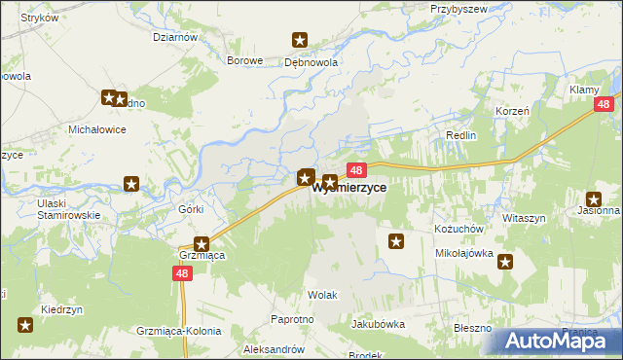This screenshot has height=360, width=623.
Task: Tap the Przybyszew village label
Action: (x=458, y=8)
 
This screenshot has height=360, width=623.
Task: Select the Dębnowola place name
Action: (x=311, y=60)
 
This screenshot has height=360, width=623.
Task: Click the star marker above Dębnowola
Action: (x=300, y=40)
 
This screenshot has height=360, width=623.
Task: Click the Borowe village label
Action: (x=245, y=60)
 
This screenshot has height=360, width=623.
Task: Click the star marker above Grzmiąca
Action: (x=202, y=244)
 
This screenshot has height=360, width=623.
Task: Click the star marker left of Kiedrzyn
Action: (x=25, y=325)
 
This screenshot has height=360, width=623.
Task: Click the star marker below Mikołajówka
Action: (x=505, y=260)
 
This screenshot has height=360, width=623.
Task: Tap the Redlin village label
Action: (x=460, y=135)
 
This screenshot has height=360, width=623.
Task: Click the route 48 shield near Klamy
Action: (x=605, y=104)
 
